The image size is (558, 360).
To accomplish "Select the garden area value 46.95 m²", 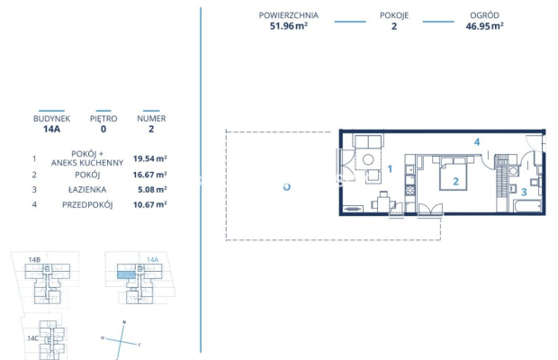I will pos(484,26).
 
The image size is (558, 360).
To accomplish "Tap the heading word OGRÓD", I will pos(484,15).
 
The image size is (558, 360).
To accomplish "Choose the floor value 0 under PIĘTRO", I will pos(103,129).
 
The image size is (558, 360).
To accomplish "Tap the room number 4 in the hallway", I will pos(478,142).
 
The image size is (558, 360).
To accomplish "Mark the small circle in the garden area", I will pos(286,187).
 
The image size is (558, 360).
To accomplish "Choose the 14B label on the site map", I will pos(34,260).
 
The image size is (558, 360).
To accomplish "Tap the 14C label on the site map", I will pos(32,337).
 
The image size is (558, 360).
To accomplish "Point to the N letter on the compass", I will pos(124,322).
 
